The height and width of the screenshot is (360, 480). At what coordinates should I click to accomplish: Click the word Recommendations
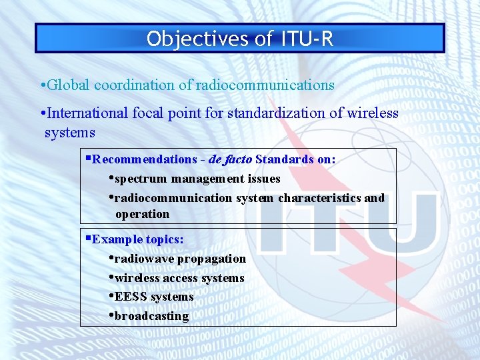tap(144, 159)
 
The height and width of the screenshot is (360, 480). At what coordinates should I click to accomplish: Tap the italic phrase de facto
tap(230, 159)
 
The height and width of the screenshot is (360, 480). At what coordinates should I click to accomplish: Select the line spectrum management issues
tap(197, 179)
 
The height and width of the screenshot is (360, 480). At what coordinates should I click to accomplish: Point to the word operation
tap(142, 214)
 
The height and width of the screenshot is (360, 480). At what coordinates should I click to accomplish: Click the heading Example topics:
tap(138, 239)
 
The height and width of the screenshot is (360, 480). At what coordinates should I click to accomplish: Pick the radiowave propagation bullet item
tap(180, 259)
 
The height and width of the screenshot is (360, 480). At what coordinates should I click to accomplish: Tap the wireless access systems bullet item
tap(179, 278)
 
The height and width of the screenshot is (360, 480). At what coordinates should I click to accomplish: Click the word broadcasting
tap(151, 316)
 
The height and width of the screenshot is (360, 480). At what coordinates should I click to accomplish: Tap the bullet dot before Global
tap(42, 86)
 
